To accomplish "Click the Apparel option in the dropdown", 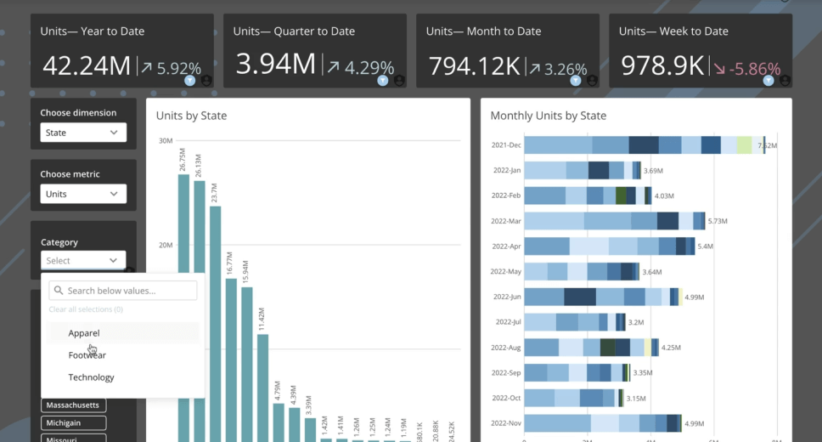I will click(x=84, y=333).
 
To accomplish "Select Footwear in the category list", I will click(x=87, y=355).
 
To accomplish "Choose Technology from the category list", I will click(x=91, y=377).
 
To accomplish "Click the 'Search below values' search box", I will click(x=123, y=291).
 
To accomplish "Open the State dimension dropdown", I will click(x=83, y=133).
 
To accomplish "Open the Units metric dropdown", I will click(x=83, y=194).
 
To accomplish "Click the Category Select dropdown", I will click(x=83, y=260).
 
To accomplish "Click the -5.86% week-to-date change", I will click(x=753, y=68).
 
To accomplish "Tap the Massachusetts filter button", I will click(x=73, y=405).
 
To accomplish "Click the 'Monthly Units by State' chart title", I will click(x=548, y=116).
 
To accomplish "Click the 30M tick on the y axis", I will click(x=165, y=140).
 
